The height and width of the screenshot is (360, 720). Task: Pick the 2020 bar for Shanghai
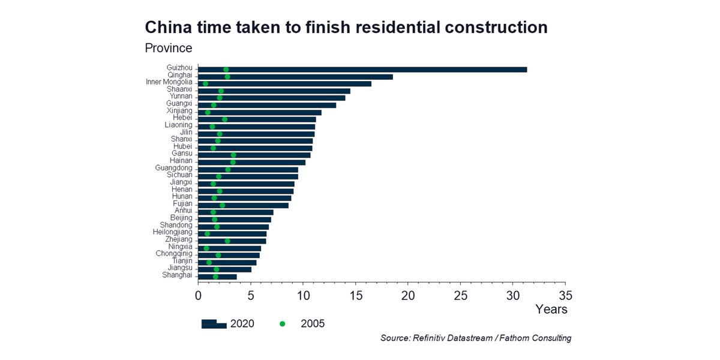pos(217,277)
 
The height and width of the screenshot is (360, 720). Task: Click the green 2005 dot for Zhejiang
pos(227,241)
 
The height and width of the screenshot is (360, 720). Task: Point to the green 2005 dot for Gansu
pos(233,155)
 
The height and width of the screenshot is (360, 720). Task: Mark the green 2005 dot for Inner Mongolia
pos(205,84)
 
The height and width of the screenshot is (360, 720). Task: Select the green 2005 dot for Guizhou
pos(226,70)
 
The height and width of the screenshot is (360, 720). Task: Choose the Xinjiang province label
pos(179,111)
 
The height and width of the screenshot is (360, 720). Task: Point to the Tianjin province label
pos(182,261)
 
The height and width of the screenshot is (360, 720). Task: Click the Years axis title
pos(551,310)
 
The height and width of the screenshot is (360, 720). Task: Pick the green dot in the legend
pos(282,324)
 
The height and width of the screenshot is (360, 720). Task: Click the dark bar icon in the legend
pos(214,324)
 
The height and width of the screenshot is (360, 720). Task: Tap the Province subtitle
pos(169,47)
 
